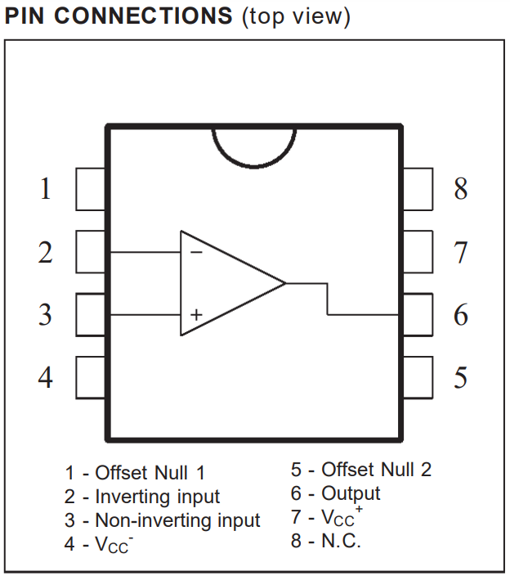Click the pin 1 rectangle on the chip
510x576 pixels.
(x=91, y=189)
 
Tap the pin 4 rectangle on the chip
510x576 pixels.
(x=91, y=377)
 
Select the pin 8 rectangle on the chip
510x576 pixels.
(x=418, y=189)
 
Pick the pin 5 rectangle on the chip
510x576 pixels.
(x=418, y=377)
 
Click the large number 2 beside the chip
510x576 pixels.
(x=46, y=252)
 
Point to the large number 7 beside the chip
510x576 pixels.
(x=461, y=252)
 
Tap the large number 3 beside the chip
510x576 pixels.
(x=45, y=315)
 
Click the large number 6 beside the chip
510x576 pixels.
(x=461, y=315)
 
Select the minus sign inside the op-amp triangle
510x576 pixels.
(x=196, y=252)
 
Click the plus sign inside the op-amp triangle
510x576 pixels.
(x=196, y=315)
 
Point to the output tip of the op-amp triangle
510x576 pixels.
(x=285, y=283)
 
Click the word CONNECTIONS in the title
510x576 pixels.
(x=143, y=16)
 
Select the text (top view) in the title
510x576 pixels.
(x=296, y=17)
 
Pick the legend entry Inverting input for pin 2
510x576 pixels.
(x=158, y=497)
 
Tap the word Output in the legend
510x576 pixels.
(x=351, y=493)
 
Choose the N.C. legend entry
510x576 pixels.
(x=341, y=541)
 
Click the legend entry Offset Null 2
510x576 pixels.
(x=377, y=470)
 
